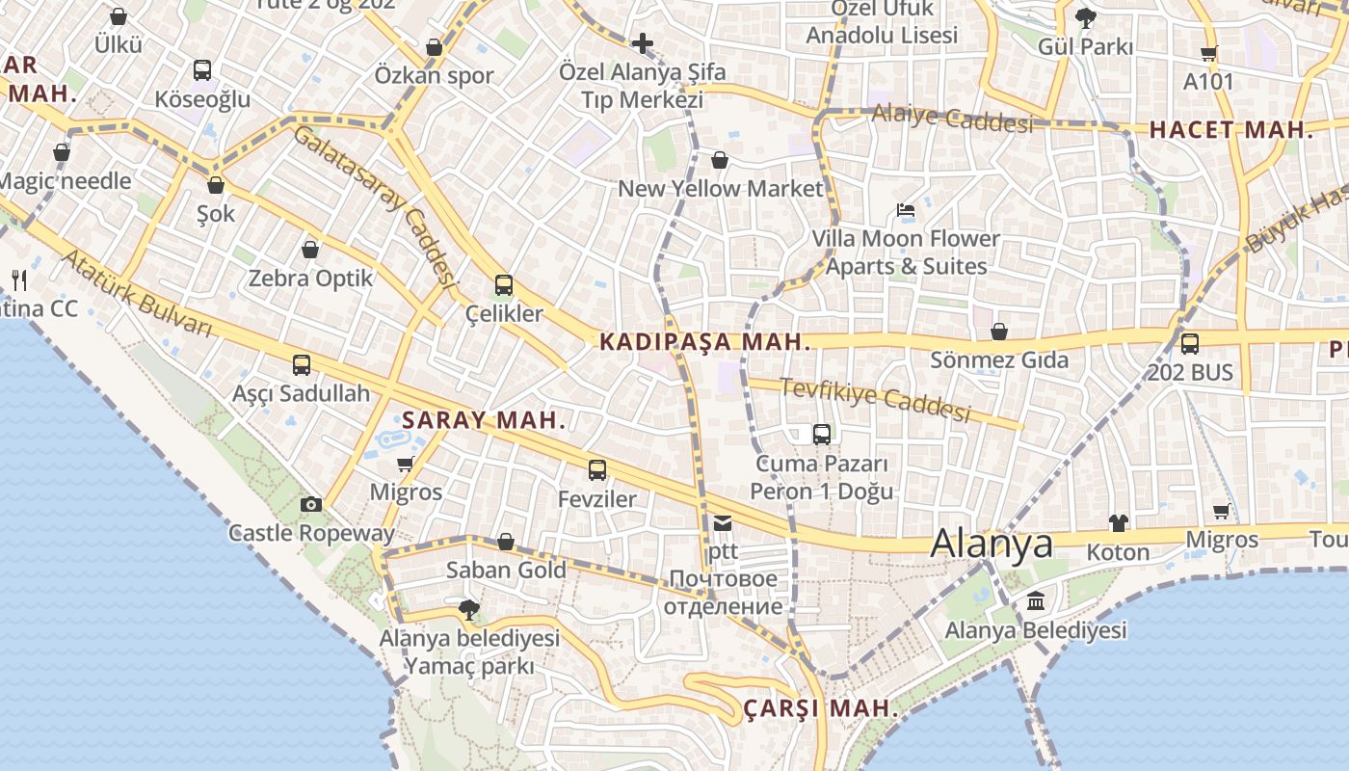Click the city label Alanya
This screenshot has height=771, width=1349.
[992, 544]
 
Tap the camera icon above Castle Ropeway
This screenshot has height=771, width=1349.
[310, 504]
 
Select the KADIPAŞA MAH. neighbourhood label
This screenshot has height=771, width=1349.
[703, 341]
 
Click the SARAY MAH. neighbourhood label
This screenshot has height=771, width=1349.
[483, 420]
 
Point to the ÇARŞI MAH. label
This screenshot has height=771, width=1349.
[821, 709]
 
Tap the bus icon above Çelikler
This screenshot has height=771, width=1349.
[503, 285]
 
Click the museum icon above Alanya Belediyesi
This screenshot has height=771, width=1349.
[1036, 601]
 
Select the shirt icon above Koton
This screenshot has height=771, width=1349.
[1118, 523]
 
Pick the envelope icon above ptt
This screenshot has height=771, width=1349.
[722, 523]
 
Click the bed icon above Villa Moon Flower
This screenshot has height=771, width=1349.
[905, 210]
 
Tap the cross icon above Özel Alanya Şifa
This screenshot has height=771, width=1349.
[643, 43]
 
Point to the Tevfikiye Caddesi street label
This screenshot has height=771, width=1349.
[874, 399]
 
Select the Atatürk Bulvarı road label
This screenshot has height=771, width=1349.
[136, 293]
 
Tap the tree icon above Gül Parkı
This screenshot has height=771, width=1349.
[1085, 17]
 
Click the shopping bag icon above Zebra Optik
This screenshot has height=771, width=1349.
[310, 250]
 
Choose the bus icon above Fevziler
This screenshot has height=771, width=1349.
[597, 470]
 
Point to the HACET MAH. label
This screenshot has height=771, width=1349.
[1230, 130]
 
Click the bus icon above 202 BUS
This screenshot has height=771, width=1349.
[1190, 343]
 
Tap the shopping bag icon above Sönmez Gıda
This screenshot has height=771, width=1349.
[999, 332]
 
